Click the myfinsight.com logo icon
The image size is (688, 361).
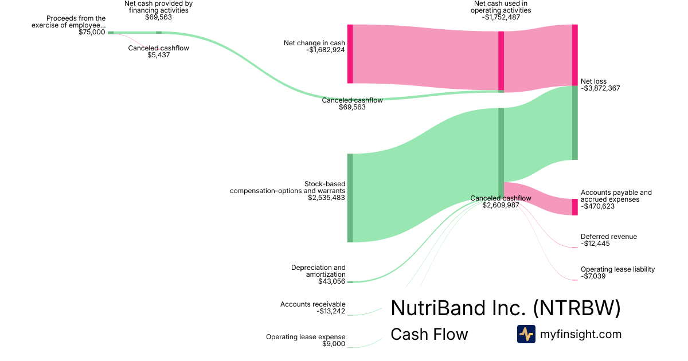pos(526,334)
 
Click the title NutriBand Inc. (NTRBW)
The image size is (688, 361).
pos(505,308)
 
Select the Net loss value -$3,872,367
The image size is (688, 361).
pos(600,89)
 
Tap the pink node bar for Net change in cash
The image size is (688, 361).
pos(350,54)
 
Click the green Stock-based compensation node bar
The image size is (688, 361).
pos(350,198)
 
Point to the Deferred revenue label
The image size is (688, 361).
pos(608,237)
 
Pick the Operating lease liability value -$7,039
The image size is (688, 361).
pos(593,277)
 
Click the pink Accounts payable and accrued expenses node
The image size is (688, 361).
pos(574,207)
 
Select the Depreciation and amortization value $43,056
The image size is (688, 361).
pos(332,281)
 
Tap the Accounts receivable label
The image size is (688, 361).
pos(312,304)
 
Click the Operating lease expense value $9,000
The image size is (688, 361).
pos(334,344)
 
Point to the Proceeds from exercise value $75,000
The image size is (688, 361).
pos(92,32)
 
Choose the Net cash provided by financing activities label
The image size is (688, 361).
pos(158,7)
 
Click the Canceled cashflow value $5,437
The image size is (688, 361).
pos(158,55)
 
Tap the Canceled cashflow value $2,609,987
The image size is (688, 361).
pos(501,205)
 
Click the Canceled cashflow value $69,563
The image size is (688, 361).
pos(352,107)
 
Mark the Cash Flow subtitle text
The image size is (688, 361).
pos(429,334)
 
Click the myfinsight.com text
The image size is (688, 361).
pos(580,334)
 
